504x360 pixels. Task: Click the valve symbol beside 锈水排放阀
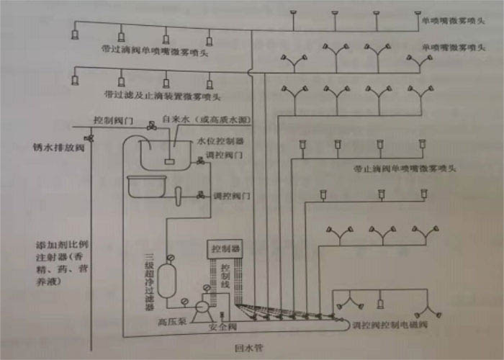89,138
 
